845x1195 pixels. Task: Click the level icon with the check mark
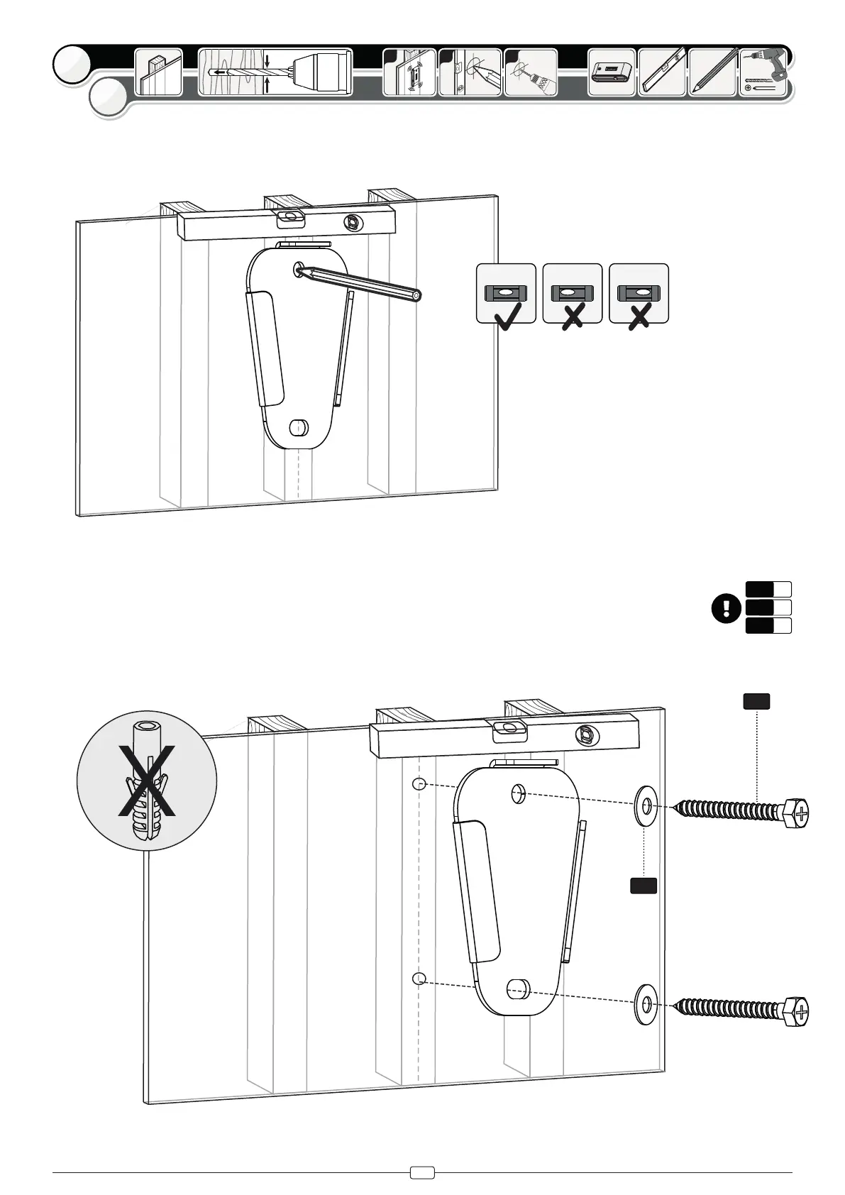click(506, 293)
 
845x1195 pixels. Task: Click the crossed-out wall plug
click(147, 780)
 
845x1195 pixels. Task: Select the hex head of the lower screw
click(795, 1009)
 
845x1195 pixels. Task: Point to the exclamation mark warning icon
click(726, 608)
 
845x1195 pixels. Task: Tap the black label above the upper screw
click(756, 701)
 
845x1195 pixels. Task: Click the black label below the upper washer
click(644, 885)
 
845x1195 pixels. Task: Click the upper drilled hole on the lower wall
click(419, 784)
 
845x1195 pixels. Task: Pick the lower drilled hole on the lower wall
click(419, 979)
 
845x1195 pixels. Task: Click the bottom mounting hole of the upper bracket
click(299, 428)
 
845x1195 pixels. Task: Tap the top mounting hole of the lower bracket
click(519, 793)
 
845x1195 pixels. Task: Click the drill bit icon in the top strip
click(275, 72)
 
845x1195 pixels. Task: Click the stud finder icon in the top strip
click(612, 72)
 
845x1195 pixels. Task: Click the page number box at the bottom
click(422, 1173)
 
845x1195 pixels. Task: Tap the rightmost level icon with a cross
click(639, 293)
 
